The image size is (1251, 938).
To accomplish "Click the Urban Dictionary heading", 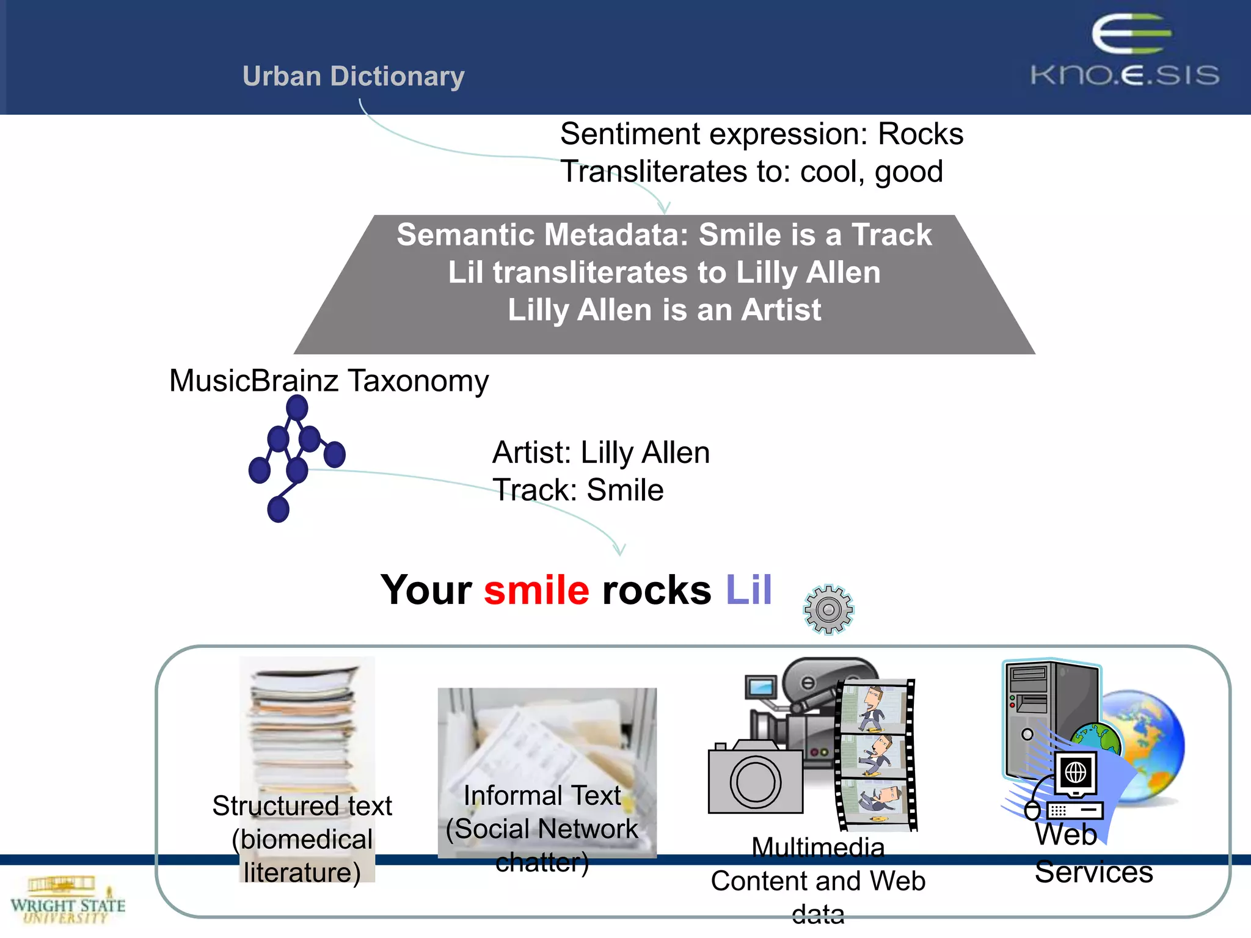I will point(353,76).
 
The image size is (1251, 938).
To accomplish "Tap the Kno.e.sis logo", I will point(1125,52).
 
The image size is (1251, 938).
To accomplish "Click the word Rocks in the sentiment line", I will point(920,134).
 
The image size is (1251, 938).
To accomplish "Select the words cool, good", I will point(872,172).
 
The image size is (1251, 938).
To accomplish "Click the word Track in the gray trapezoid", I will point(891,235).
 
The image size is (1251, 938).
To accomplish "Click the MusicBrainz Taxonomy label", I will point(329,380).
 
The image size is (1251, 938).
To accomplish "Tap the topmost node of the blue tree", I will point(297,407).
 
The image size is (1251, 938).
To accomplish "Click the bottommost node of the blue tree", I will point(279,509).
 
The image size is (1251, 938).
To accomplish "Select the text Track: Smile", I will point(578,490).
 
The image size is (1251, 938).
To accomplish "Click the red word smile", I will point(536,591).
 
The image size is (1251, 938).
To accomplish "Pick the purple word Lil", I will point(748,591).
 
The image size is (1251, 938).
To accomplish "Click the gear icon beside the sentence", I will point(828,609).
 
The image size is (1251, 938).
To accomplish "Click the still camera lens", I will point(755,782).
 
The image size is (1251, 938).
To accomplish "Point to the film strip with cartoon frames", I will point(877,755).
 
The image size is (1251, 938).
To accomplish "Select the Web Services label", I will point(1093,853).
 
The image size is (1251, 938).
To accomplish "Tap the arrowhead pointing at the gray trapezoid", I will point(665,208).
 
